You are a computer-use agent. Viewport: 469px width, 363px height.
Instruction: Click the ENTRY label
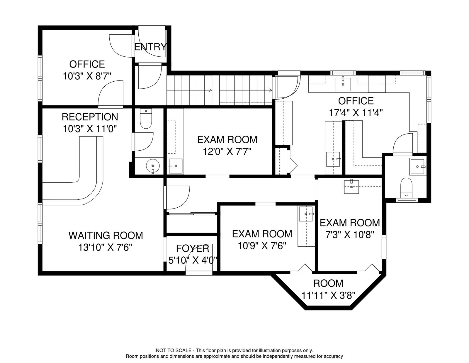[x=150, y=47]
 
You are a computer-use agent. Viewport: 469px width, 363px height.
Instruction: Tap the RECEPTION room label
[x=90, y=117]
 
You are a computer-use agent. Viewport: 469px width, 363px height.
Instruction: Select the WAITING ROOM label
[x=106, y=236]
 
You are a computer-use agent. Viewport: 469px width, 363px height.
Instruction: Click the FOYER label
[x=193, y=248]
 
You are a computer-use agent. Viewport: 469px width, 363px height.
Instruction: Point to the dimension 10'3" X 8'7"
[x=87, y=76]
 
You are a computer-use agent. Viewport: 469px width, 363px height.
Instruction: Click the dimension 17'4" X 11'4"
[x=356, y=113]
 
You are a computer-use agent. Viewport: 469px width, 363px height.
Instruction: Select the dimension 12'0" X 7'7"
[x=227, y=152]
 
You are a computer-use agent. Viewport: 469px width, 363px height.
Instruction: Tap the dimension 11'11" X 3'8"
[x=328, y=295]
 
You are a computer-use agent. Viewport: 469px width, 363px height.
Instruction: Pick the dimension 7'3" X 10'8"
[x=350, y=235]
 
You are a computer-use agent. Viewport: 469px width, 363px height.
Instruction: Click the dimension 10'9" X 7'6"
[x=262, y=246]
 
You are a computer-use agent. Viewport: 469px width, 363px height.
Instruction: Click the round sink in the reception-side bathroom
[x=153, y=166]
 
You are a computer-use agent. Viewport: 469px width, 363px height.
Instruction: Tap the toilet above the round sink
[x=146, y=118]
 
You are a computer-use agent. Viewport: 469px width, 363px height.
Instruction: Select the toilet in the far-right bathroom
[x=406, y=188]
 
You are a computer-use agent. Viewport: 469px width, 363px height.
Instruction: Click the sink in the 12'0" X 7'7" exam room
[x=175, y=166]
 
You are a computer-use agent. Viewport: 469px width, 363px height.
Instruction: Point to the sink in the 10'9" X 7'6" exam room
[x=306, y=214]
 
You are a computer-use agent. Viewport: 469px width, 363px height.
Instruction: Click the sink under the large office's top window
[x=343, y=84]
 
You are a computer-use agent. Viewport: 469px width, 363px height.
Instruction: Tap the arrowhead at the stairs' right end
[x=270, y=90]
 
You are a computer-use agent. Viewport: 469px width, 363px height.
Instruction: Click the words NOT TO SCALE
[x=174, y=350]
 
